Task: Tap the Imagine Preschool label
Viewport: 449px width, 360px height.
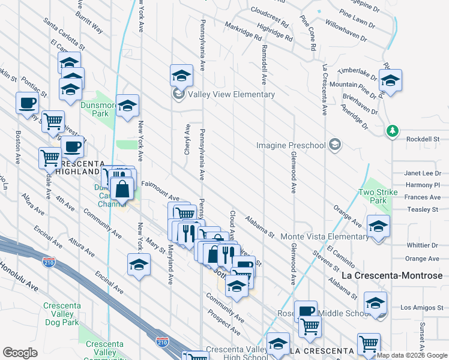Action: click(291, 145)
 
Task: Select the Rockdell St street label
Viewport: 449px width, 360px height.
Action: click(422, 139)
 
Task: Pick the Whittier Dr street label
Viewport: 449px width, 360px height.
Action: click(422, 245)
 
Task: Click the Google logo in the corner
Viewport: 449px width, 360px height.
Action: click(20, 353)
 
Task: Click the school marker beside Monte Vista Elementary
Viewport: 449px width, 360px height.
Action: click(378, 227)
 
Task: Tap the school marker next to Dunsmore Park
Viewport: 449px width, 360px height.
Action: click(127, 107)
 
